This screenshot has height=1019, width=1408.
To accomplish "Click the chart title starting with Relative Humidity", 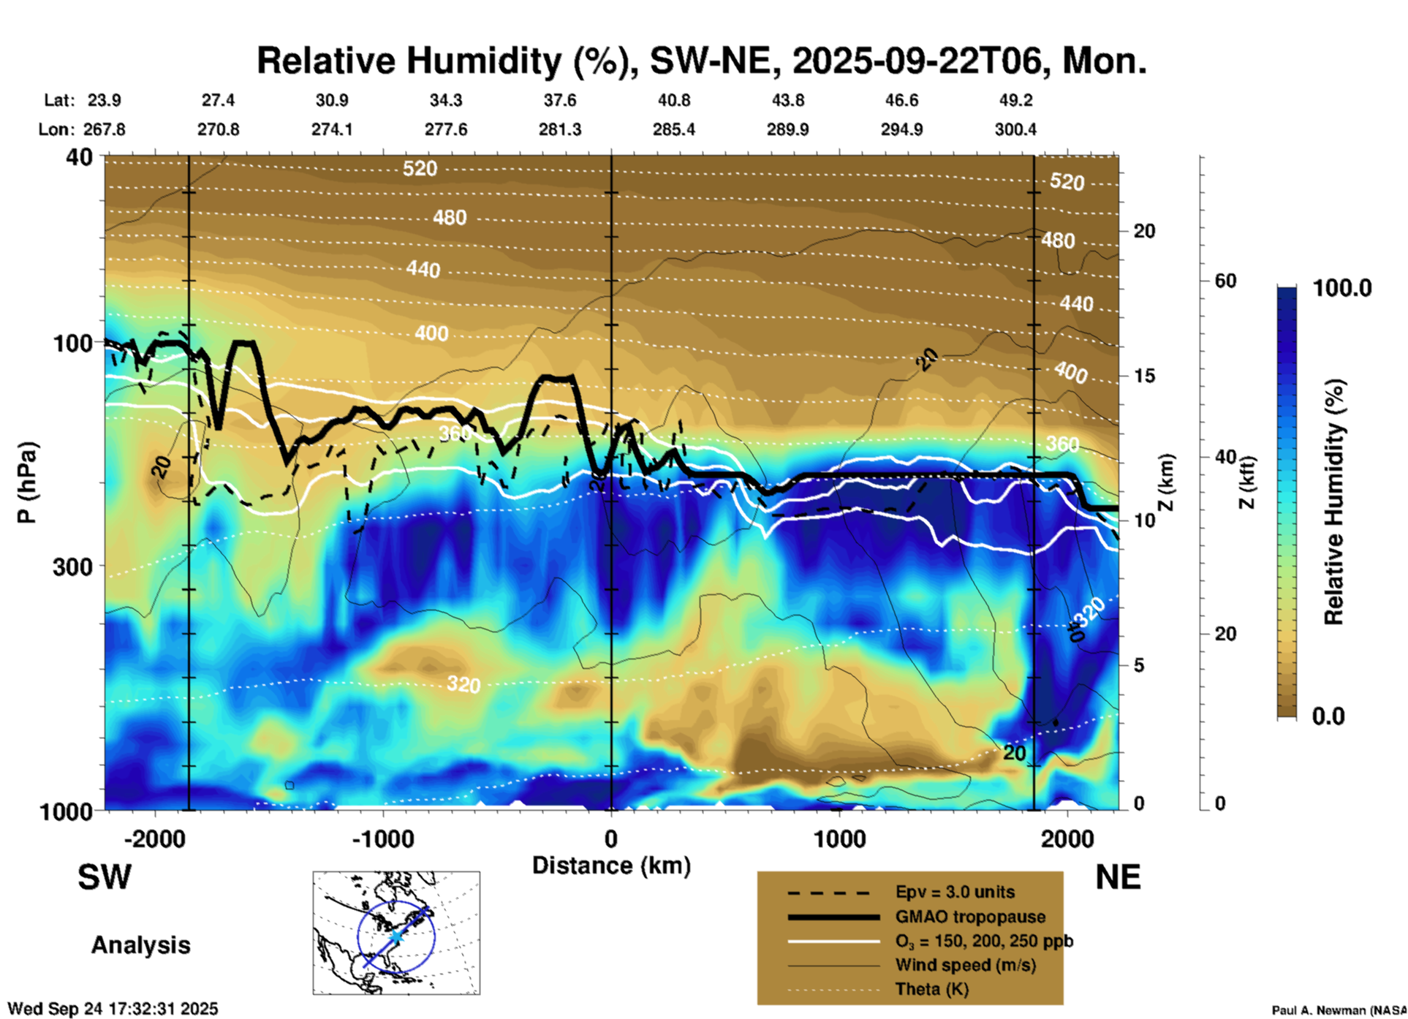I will click(701, 61).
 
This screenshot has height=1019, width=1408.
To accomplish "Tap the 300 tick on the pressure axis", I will click(72, 567).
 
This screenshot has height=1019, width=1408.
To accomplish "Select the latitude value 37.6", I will click(559, 100).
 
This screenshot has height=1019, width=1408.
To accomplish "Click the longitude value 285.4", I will click(673, 129).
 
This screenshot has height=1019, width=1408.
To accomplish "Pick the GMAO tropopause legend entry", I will click(970, 917).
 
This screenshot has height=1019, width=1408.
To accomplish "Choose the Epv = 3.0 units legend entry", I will click(955, 893).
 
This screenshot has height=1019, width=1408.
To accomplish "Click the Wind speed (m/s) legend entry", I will click(965, 965).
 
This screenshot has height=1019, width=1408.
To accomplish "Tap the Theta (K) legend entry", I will click(931, 989).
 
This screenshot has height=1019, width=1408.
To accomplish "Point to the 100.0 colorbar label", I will click(1342, 288).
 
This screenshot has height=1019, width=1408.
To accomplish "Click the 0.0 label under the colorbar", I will click(1328, 716).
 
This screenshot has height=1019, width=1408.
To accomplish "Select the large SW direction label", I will click(105, 877).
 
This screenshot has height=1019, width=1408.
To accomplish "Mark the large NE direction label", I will click(1118, 877).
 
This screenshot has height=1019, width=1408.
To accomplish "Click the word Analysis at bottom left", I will click(140, 945).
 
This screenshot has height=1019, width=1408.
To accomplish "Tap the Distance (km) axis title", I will click(611, 865).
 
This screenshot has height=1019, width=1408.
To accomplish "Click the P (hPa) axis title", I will click(26, 482).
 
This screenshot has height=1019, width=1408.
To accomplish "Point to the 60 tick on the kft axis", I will click(1225, 281).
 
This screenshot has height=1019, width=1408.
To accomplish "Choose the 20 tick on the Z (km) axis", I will click(1144, 231).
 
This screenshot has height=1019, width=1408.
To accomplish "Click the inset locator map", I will click(396, 933).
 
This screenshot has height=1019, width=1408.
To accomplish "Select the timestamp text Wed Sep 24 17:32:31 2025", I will click(113, 1009).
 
